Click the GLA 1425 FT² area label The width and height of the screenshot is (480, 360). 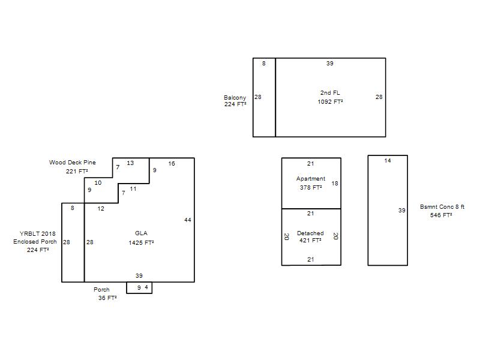tap(141, 238)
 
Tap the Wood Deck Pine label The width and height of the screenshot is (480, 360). tap(73, 162)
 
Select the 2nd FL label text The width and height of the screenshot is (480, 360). tap(330, 92)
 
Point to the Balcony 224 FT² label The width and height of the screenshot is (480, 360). tap(235, 101)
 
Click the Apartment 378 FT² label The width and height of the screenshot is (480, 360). tap(311, 183)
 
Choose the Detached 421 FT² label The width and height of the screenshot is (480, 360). tap(310, 236)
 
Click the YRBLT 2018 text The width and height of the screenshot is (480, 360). tap(38, 233)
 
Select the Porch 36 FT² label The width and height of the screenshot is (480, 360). tap(106, 293)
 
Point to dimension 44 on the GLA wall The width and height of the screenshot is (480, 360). tap(188, 220)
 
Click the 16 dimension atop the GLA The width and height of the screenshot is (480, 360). tap(172, 163)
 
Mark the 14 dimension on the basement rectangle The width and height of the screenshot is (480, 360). tap(388, 160)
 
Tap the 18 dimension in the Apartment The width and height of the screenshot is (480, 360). tap(335, 184)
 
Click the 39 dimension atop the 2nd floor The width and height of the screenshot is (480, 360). tap(329, 64)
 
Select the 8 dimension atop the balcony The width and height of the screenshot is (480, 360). tap(264, 64)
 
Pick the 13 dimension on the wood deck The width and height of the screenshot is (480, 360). tap(130, 163)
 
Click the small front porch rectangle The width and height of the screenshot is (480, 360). tap(139, 293)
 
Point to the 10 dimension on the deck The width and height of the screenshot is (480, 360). tap(98, 183)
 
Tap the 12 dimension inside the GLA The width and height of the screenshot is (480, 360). tap(101, 208)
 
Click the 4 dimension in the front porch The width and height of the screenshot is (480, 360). tap(146, 287)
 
